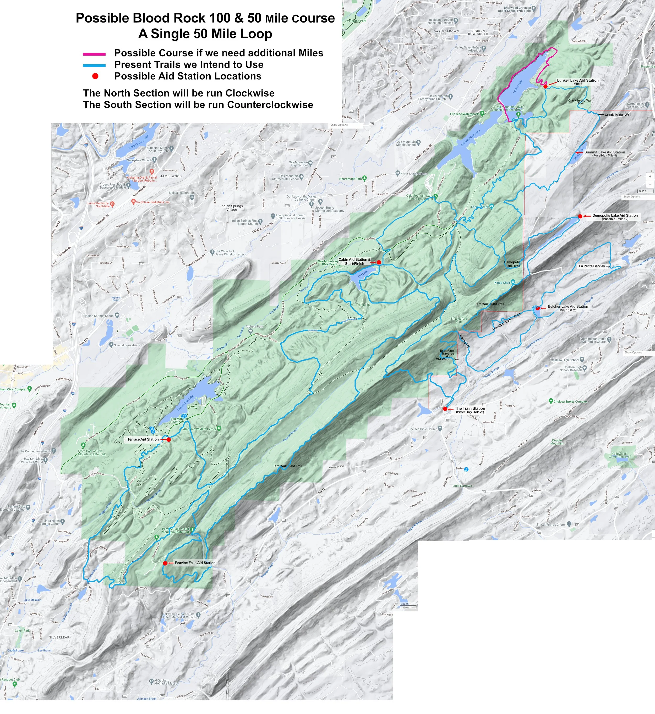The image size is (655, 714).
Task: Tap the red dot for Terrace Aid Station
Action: [x=169, y=440]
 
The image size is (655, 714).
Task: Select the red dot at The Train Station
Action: [x=445, y=409]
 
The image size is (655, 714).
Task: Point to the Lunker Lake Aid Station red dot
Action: [x=545, y=86]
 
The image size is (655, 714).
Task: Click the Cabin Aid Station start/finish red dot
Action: [x=379, y=262]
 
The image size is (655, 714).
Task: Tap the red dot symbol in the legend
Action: [x=95, y=76]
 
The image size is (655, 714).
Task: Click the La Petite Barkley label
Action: [x=592, y=266]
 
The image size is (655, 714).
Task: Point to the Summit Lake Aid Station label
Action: [x=605, y=152]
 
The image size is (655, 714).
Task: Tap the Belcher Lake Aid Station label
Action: [x=568, y=307]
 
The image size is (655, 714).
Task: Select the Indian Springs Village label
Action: [x=232, y=208]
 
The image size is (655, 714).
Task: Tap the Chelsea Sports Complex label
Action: [x=570, y=402]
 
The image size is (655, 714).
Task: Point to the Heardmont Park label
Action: [x=351, y=179]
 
